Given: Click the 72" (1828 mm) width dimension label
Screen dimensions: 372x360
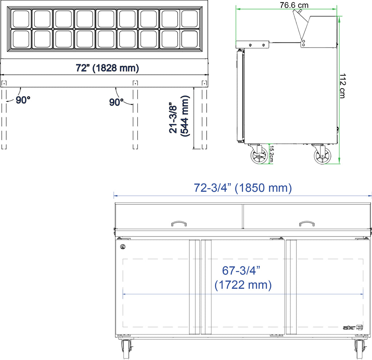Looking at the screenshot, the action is [x=107, y=68].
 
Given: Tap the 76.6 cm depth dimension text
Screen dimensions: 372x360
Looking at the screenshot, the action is [x=294, y=5].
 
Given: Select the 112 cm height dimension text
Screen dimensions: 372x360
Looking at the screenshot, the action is [x=343, y=86].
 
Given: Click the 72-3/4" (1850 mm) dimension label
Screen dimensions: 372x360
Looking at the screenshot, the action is [x=243, y=188].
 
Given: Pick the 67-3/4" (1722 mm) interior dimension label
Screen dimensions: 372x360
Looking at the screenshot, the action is [x=243, y=278].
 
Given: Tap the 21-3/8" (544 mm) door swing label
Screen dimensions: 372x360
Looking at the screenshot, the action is [x=179, y=116].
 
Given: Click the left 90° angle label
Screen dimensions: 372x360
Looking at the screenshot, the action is [x=23, y=100].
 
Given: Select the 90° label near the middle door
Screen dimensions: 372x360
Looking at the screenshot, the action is [x=116, y=102].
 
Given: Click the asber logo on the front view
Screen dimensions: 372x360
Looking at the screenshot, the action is [x=353, y=328].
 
